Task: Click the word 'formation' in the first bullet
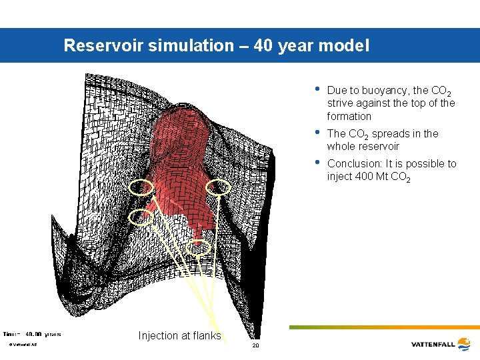click(349, 116)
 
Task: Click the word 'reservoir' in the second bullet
click(377, 146)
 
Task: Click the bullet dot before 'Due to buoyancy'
click(317, 89)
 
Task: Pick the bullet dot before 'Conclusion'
click(317, 162)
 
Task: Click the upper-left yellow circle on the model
click(141, 188)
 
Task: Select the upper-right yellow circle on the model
click(219, 188)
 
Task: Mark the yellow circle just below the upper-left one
click(141, 215)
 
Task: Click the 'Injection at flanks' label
click(179, 335)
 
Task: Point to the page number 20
click(255, 346)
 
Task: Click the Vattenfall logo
click(442, 344)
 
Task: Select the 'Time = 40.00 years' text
click(33, 333)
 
